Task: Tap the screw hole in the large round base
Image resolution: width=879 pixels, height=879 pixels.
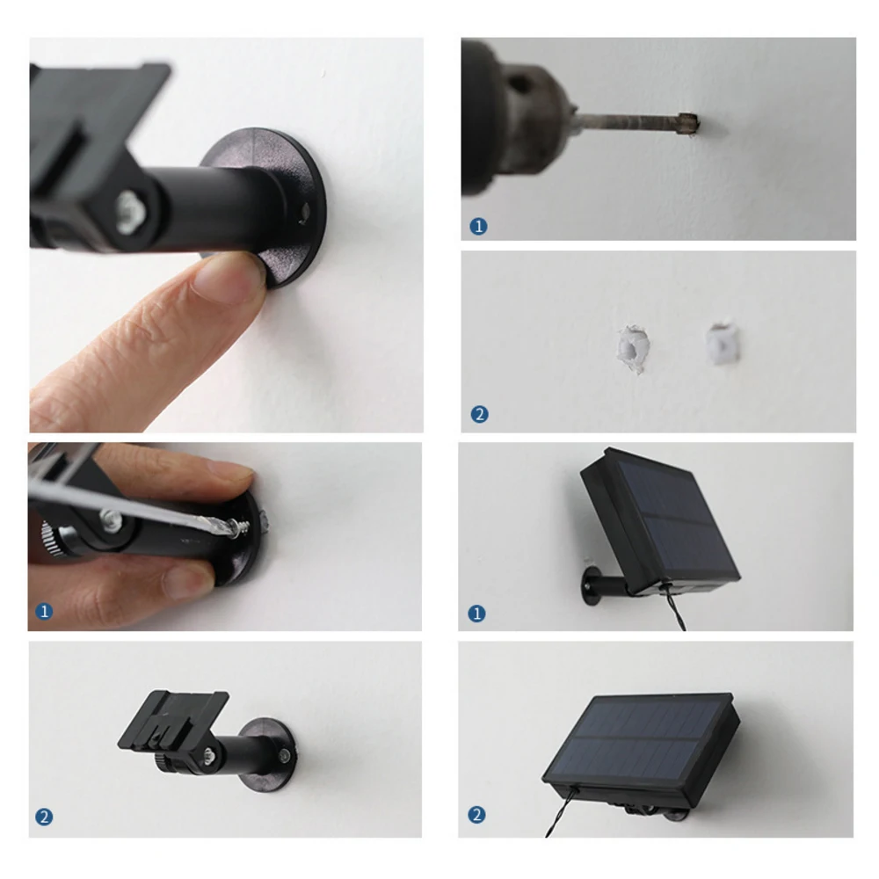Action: [304, 214]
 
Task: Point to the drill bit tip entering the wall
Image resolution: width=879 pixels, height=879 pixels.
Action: [688, 123]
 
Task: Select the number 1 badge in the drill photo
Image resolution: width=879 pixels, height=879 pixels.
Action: [478, 227]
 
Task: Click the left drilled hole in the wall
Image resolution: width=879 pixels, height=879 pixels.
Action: [634, 349]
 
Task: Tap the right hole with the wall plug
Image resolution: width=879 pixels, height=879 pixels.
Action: [722, 343]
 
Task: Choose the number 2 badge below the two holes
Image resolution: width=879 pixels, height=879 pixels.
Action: [479, 414]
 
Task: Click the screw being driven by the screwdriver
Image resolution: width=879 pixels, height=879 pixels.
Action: [241, 527]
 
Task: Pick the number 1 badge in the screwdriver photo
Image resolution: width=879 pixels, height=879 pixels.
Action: [44, 611]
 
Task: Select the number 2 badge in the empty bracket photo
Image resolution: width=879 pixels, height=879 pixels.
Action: [44, 817]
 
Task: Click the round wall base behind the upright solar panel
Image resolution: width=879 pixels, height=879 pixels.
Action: [591, 586]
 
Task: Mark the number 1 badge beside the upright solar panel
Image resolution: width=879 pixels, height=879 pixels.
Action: [477, 614]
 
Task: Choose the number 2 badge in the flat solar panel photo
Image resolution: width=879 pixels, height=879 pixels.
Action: [477, 815]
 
